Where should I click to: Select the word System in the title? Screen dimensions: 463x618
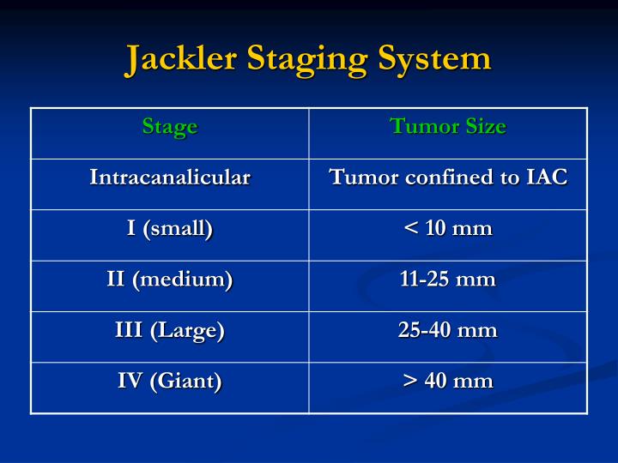click(437, 59)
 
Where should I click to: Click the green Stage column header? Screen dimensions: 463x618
click(170, 127)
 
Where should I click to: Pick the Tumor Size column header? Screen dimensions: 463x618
click(448, 127)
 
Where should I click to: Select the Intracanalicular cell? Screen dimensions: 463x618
click(170, 177)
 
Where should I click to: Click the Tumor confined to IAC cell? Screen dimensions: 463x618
click(448, 177)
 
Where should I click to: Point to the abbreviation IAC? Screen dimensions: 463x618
click(547, 177)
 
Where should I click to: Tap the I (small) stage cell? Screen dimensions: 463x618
click(170, 229)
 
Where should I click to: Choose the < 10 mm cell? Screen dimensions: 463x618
click(448, 229)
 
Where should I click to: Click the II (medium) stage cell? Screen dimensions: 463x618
click(170, 280)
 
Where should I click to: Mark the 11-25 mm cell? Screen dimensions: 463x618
click(448, 280)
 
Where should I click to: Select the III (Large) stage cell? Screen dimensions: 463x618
click(170, 330)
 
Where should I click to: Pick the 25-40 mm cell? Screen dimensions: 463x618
click(448, 330)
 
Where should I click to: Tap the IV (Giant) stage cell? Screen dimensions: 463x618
click(170, 381)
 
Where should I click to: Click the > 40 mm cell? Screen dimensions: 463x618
click(448, 381)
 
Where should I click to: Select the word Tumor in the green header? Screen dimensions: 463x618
click(415, 127)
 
